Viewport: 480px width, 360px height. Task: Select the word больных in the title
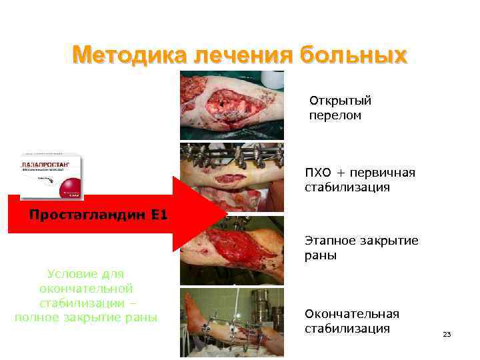353,55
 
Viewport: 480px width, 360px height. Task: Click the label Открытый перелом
340,108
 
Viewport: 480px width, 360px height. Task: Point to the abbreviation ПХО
319,173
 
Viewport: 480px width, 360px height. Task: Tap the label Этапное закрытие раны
361,247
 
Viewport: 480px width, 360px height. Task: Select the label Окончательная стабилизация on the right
351,321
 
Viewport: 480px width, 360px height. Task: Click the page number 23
447,334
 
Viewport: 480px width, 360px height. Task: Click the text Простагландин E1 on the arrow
98,215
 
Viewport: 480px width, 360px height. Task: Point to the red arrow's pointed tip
225,215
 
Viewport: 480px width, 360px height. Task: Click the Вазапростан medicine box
51,176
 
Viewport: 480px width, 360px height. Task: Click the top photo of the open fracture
231,105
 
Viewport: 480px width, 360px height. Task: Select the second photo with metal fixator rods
231,177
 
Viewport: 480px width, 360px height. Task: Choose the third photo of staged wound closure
231,251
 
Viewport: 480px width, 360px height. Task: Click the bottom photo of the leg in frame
231,323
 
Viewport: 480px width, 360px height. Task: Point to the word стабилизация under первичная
347,188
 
